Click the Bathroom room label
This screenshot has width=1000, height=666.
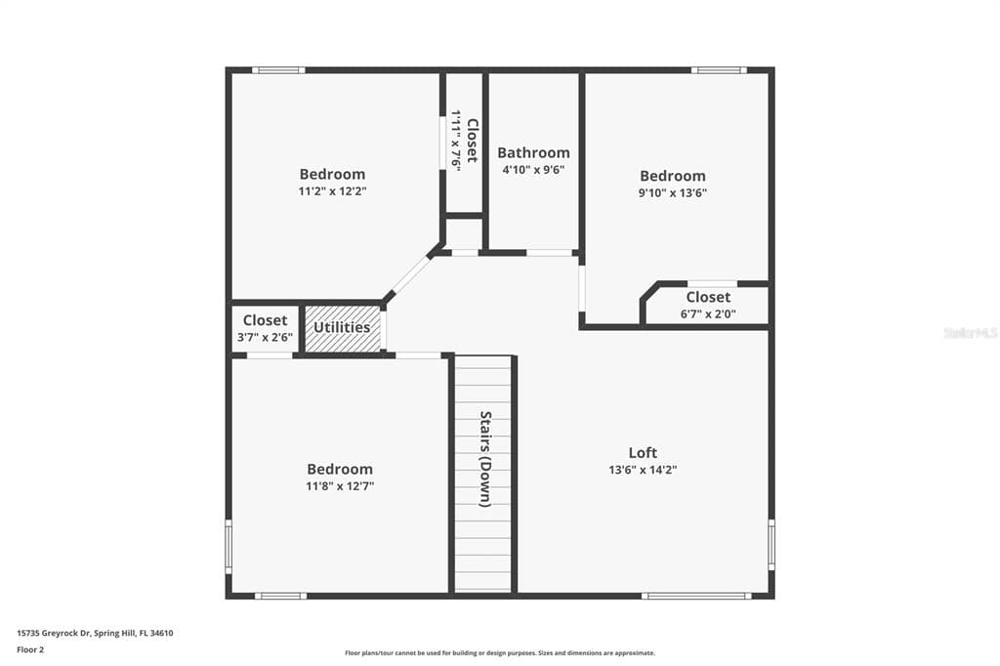(x=533, y=152)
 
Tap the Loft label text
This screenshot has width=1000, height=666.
(x=643, y=452)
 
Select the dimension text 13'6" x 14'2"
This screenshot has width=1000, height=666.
(x=643, y=470)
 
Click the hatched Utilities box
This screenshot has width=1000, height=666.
(x=342, y=328)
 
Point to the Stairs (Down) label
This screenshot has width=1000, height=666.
(x=484, y=458)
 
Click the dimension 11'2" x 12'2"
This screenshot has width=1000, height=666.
(x=332, y=191)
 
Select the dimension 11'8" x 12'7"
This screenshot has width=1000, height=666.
(x=340, y=485)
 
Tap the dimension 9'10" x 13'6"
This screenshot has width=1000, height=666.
(x=673, y=192)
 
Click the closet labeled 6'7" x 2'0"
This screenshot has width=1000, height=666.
(x=708, y=306)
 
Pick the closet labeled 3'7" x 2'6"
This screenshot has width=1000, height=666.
(x=265, y=328)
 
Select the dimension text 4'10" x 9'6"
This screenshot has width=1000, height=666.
(x=533, y=169)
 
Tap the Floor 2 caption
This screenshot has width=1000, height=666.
(x=30, y=648)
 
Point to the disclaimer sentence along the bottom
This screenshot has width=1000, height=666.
(x=499, y=653)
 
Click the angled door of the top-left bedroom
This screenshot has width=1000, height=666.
(x=408, y=276)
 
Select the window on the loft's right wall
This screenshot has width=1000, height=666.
(x=771, y=545)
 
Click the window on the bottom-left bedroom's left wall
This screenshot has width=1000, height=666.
(x=229, y=546)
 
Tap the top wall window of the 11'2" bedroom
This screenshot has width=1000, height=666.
(x=278, y=69)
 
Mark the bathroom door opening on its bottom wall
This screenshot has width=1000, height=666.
(x=549, y=253)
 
